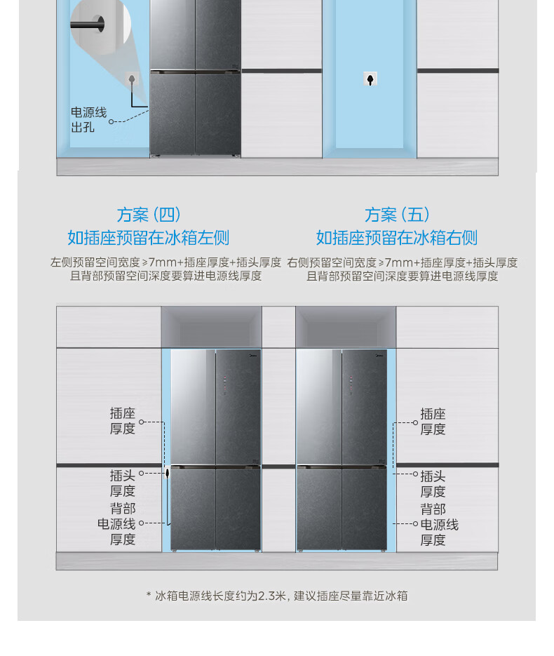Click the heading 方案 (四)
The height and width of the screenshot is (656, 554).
(x=149, y=215)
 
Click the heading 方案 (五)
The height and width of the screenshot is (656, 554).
(x=397, y=215)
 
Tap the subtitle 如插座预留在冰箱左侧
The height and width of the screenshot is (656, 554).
(x=148, y=238)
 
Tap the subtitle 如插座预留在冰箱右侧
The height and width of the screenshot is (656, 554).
(x=396, y=238)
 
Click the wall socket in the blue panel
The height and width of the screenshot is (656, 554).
(x=370, y=79)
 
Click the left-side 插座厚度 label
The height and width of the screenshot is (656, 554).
(x=122, y=421)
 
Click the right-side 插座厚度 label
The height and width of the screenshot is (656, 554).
(x=433, y=422)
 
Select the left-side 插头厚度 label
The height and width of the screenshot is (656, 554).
(x=122, y=483)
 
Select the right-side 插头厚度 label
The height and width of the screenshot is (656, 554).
(x=433, y=484)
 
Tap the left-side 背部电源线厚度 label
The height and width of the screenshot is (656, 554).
(x=118, y=523)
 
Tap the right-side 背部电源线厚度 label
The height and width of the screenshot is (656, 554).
(x=438, y=524)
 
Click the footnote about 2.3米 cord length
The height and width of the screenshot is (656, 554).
(x=276, y=596)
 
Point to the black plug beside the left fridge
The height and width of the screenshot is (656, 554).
(x=168, y=474)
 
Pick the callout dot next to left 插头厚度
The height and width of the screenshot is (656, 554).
(x=141, y=474)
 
